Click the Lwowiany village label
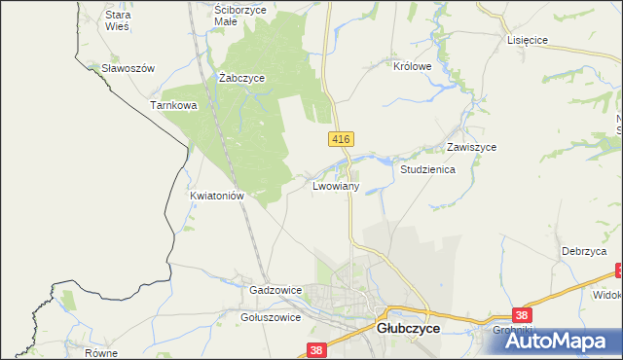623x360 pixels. tap(337, 185)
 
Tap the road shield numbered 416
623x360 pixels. tap(340, 140)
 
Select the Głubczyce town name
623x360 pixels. tap(408, 330)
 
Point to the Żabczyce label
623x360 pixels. tap(242, 78)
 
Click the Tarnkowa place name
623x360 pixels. tap(174, 105)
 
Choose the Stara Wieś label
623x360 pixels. tap(118, 21)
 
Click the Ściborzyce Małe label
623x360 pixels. tap(239, 14)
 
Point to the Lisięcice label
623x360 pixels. tap(529, 40)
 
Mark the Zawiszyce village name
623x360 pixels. tap(472, 147)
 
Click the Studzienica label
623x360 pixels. tap(428, 168)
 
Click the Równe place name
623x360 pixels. tap(100, 353)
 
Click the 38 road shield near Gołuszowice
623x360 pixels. tap(314, 349)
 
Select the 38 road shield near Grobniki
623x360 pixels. tap(523, 315)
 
